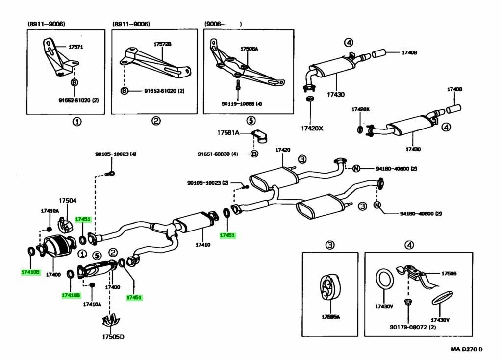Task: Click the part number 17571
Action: (75, 47)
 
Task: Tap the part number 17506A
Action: (249, 49)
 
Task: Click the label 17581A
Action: (228, 132)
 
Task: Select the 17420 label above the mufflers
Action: (283, 150)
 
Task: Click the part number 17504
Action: (68, 200)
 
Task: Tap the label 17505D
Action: (113, 336)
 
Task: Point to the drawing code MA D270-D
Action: (467, 349)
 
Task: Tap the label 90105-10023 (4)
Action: (116, 154)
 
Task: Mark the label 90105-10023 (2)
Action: (208, 183)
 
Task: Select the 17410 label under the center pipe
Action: (202, 244)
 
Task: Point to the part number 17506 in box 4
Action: (449, 273)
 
